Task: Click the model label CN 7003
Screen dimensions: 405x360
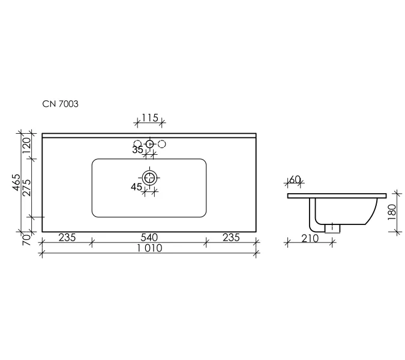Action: pyautogui.click(x=60, y=104)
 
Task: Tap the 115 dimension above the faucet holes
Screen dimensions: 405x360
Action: pyautogui.click(x=150, y=118)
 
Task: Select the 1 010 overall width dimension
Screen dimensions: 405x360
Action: pyautogui.click(x=149, y=248)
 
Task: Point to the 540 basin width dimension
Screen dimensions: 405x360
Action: pyautogui.click(x=149, y=238)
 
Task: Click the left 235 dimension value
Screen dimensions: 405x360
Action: pyautogui.click(x=67, y=238)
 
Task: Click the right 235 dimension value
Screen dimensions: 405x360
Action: pyautogui.click(x=231, y=238)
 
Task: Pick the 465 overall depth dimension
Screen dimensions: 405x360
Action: pyautogui.click(x=17, y=182)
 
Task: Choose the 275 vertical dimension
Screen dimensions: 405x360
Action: pyautogui.click(x=27, y=188)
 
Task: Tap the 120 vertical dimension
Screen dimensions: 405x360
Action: pyautogui.click(x=26, y=146)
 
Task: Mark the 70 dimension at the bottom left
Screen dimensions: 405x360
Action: pyautogui.click(x=27, y=239)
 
